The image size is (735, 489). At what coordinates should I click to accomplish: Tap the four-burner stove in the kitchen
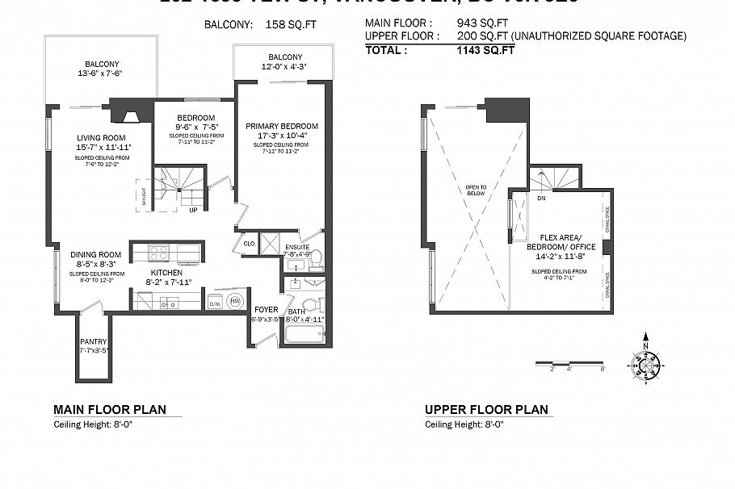(158, 253)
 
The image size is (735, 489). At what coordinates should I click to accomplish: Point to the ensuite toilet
(316, 259)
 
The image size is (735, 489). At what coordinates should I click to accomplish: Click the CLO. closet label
(249, 242)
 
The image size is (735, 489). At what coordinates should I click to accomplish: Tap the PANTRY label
(93, 342)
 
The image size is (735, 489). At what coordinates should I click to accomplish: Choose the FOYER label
(266, 309)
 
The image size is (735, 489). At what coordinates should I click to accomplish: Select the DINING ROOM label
(94, 254)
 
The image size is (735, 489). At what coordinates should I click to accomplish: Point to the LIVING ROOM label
(102, 137)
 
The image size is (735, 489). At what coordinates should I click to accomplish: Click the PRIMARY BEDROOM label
(282, 126)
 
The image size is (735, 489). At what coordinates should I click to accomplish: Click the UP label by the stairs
(192, 210)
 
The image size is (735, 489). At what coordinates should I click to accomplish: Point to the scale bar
(569, 363)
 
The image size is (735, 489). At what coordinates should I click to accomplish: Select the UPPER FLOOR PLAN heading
(486, 409)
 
